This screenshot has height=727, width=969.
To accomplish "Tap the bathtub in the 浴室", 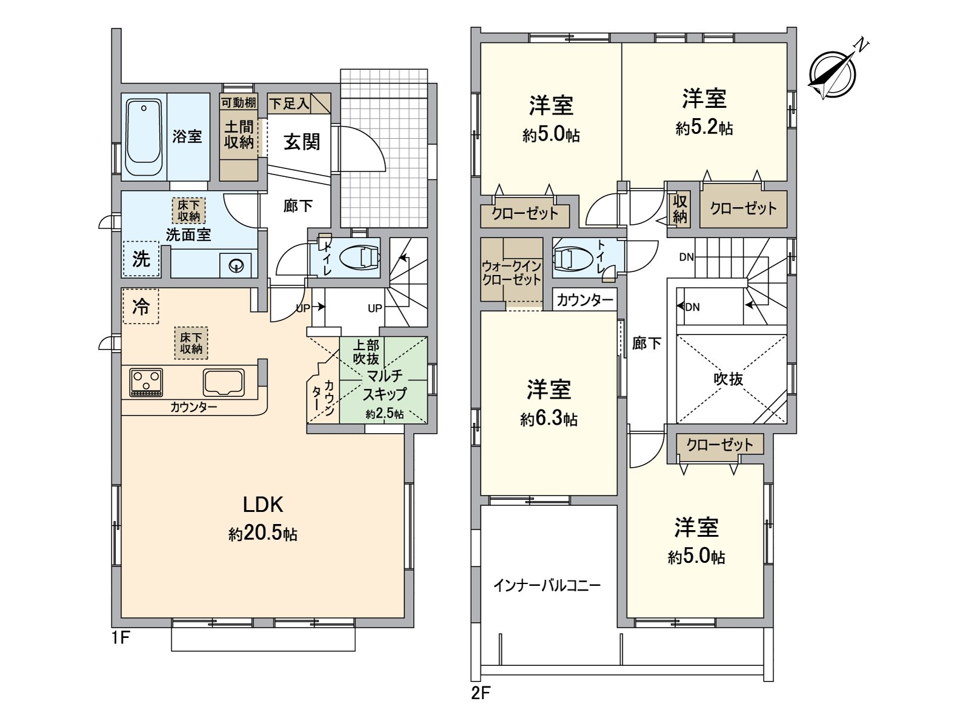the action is (144, 137).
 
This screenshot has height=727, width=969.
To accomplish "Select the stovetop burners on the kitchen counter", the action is (146, 382).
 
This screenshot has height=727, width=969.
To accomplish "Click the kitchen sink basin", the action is (224, 382).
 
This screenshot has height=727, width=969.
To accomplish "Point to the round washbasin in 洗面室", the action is (237, 265).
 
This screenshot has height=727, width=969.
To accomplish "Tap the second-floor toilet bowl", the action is (573, 258).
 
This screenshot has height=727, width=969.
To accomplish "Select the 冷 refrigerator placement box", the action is (141, 307).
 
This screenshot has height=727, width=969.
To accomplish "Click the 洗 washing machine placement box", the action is (141, 259).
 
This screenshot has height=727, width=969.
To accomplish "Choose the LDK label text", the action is (263, 504).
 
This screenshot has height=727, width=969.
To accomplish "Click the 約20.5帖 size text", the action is (263, 534).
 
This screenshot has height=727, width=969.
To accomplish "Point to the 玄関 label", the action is (302, 142).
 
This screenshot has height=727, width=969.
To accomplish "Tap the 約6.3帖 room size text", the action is (549, 419).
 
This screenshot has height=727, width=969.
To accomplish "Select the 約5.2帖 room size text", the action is (704, 128).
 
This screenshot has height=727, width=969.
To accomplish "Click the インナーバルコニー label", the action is (547, 586).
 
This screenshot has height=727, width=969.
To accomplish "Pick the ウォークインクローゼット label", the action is (512, 273).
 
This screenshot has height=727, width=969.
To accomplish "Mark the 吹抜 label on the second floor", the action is (729, 379).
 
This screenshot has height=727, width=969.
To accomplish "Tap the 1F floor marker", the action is (121, 638).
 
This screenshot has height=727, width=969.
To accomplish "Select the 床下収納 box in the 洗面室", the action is (188, 211).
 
